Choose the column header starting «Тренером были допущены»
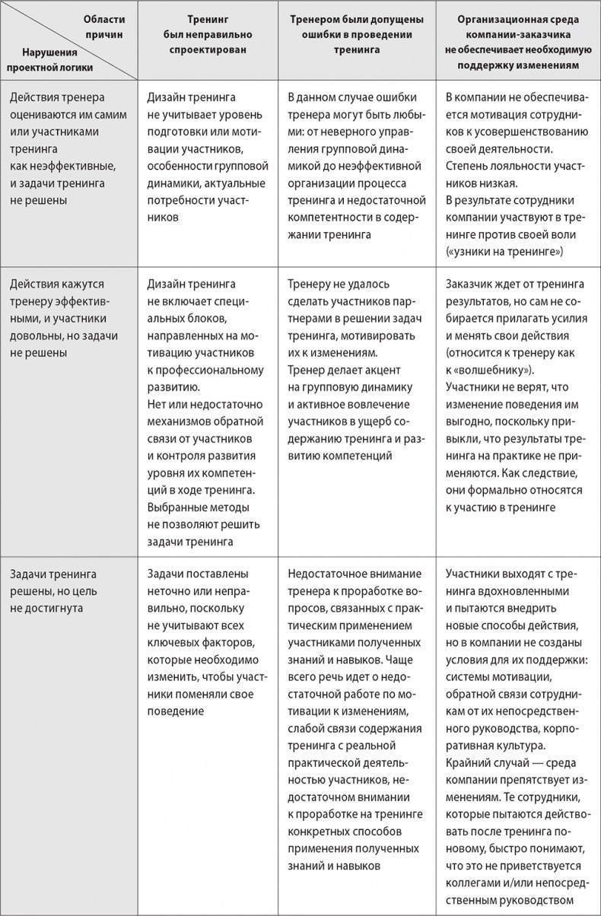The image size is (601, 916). (x=358, y=35)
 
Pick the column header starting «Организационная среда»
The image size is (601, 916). (x=517, y=41)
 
